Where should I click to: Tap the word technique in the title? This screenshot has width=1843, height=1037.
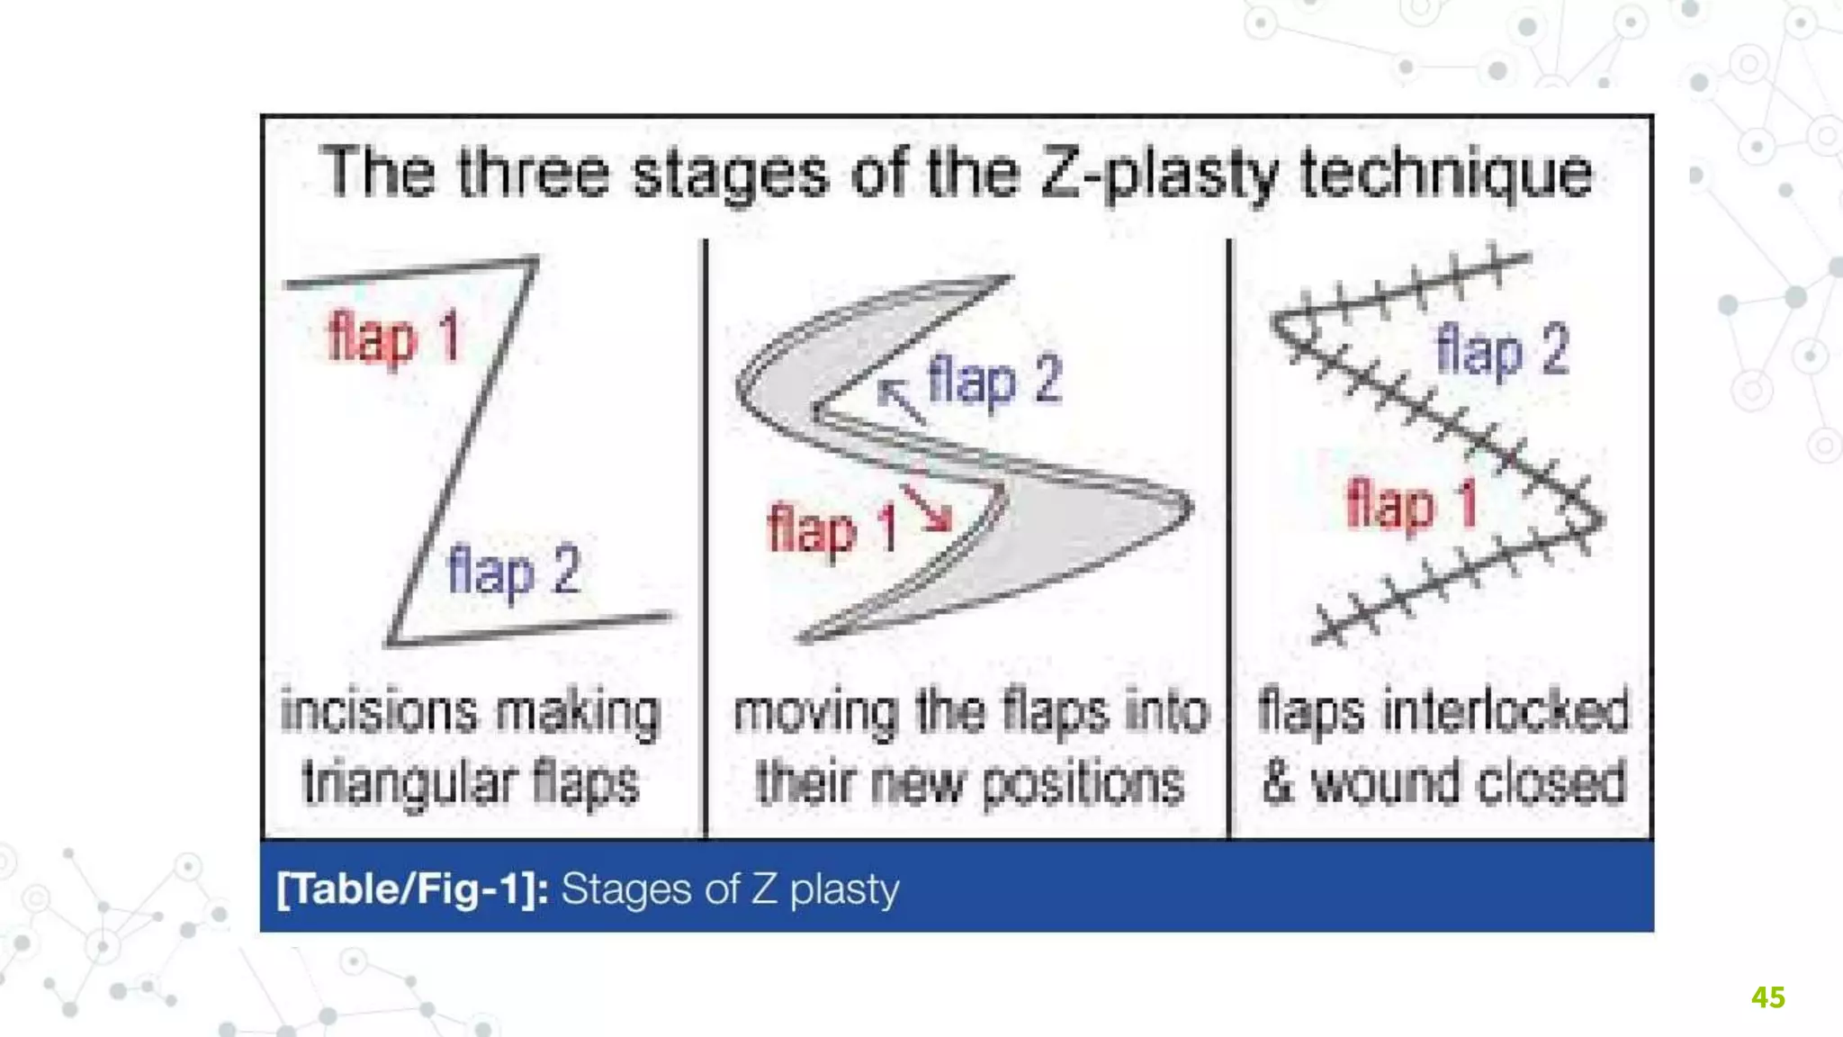click(1446, 174)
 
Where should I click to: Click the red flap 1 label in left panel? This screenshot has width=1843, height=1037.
click(394, 338)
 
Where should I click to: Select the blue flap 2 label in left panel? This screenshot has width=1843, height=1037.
click(514, 571)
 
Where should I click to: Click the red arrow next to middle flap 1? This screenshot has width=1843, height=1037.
click(927, 507)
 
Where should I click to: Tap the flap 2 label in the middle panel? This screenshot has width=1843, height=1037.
click(994, 380)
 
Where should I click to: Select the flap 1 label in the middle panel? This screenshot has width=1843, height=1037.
click(832, 529)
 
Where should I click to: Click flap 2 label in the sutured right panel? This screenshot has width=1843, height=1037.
click(1502, 350)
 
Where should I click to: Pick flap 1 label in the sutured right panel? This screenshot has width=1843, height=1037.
click(1411, 504)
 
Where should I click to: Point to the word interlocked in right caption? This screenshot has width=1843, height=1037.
click(1506, 711)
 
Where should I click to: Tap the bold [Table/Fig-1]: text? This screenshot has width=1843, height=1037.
click(412, 889)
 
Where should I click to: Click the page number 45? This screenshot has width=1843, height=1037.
click(1767, 997)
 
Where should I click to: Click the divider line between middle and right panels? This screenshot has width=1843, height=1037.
click(1229, 540)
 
